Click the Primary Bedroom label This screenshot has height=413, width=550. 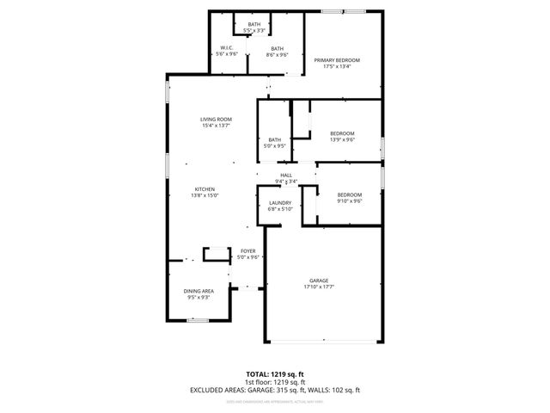pos(336,59)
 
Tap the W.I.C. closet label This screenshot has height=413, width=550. pos(228,48)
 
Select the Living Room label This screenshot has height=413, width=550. pos(217,120)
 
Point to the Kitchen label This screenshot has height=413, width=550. pos(205,189)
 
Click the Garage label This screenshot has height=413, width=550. pos(320,281)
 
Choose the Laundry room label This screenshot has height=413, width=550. pos(281,202)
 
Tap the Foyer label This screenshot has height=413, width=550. pos(248,250)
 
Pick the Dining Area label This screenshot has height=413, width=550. pos(199,292)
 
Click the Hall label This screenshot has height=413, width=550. pos(285,176)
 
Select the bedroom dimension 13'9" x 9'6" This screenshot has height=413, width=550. pos(342,139)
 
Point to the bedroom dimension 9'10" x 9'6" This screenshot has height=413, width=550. pos(349,201)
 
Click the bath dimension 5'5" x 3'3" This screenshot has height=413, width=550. pos(254,30)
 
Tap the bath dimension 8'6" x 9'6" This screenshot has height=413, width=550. pos(277,54)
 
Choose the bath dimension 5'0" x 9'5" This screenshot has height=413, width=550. pos(275,145)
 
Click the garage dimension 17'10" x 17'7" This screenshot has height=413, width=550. pos(320,287)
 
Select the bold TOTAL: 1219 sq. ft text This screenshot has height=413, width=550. pos(275,374)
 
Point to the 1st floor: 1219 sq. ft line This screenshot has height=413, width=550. pos(275,382)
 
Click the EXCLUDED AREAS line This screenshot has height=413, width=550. pos(275,390)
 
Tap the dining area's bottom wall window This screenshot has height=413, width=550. pos(198,320)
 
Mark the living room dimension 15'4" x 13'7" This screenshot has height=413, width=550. pos(217,126)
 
